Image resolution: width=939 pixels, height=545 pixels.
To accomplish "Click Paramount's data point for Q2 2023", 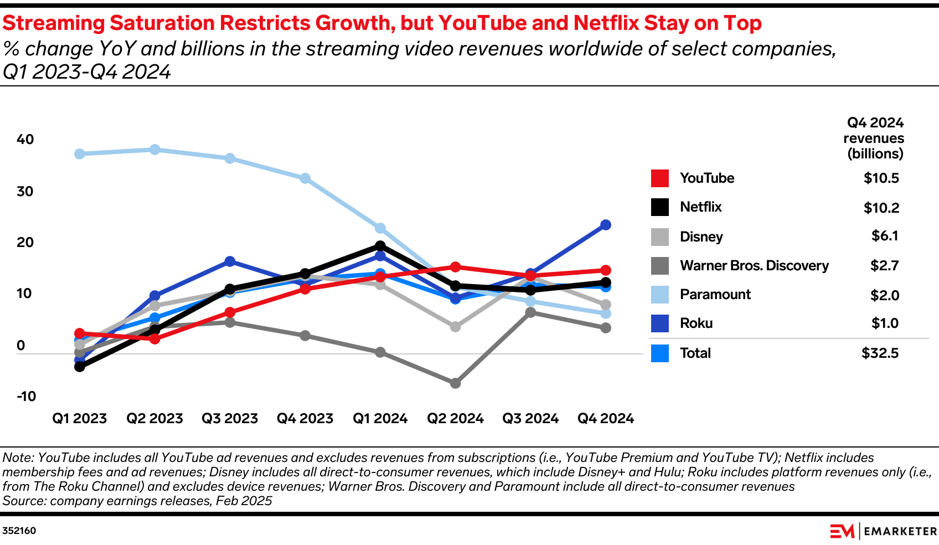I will (x=155, y=150).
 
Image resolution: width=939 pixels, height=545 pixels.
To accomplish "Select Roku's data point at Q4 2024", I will (x=606, y=225).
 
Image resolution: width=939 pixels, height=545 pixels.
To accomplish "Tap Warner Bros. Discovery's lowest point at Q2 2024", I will (x=455, y=383).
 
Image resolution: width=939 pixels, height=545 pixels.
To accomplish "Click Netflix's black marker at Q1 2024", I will (x=380, y=246).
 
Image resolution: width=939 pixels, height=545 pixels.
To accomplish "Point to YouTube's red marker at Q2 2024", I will (x=455, y=267).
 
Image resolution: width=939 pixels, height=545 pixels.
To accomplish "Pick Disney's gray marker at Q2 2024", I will (x=455, y=327).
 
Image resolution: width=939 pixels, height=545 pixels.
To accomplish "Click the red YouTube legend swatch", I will (x=660, y=178).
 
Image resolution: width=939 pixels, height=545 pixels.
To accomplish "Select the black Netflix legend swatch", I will (x=660, y=207).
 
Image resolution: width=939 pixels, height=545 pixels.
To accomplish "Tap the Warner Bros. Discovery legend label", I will (x=754, y=266).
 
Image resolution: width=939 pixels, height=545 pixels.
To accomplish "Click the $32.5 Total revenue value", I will (x=880, y=353).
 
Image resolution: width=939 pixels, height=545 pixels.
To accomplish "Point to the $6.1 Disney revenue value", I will (x=885, y=236).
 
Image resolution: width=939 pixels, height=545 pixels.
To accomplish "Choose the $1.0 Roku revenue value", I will (x=885, y=323).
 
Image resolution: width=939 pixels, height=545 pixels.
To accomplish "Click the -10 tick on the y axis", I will (x=26, y=397).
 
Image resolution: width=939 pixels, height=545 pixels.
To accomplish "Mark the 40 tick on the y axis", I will (x=25, y=140).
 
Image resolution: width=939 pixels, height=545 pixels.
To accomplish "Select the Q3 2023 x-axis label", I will (x=230, y=419).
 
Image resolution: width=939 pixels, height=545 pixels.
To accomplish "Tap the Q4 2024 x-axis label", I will (x=606, y=419).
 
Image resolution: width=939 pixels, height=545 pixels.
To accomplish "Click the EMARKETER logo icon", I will (x=842, y=531).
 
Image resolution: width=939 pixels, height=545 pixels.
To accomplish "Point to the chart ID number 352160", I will (x=19, y=531).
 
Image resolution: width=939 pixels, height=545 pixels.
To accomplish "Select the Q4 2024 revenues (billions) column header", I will (x=874, y=138).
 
